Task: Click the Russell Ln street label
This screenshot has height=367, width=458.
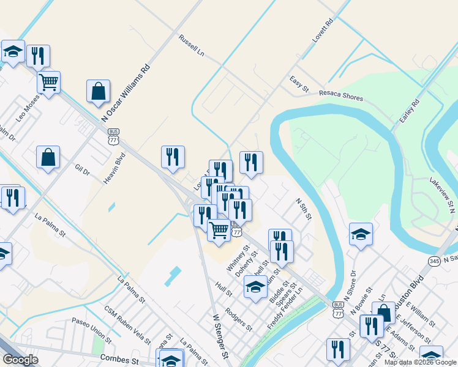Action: pyautogui.click(x=192, y=45)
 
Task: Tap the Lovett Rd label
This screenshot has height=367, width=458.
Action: pyautogui.click(x=322, y=30)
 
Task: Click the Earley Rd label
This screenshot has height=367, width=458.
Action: pyautogui.click(x=409, y=109)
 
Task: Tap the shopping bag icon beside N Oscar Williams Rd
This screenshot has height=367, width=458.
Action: pyautogui.click(x=98, y=92)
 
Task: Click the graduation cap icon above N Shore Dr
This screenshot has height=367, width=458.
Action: pyautogui.click(x=361, y=234)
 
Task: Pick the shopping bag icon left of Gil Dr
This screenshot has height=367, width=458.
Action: pyautogui.click(x=48, y=158)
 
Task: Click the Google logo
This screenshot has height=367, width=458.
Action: pyautogui.click(x=20, y=360)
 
